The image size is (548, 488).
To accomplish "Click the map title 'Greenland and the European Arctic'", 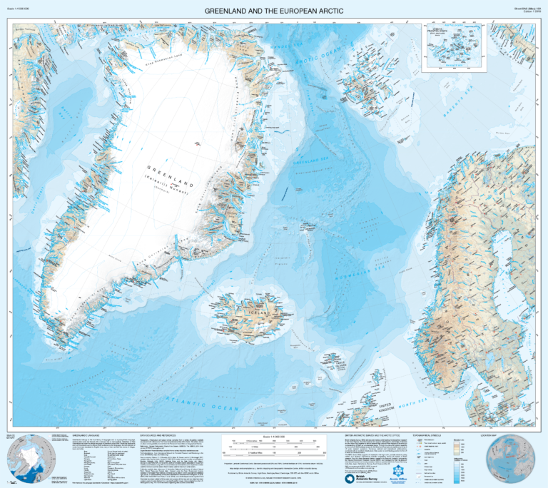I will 274,11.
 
